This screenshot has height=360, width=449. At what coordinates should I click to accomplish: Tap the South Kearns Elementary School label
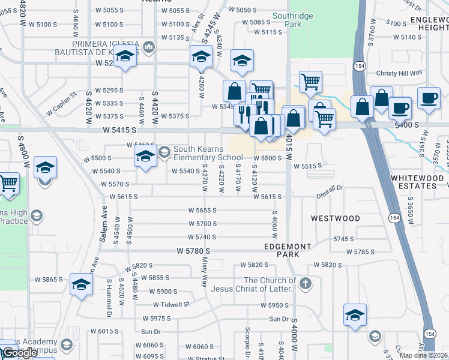click(x=208, y=153)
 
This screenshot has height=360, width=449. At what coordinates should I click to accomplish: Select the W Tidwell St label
click(x=170, y=304)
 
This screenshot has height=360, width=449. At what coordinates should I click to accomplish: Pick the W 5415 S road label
click(x=119, y=130)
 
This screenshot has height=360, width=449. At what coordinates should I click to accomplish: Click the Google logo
click(x=19, y=353)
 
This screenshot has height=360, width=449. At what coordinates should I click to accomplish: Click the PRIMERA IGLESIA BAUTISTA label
click(x=106, y=49)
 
